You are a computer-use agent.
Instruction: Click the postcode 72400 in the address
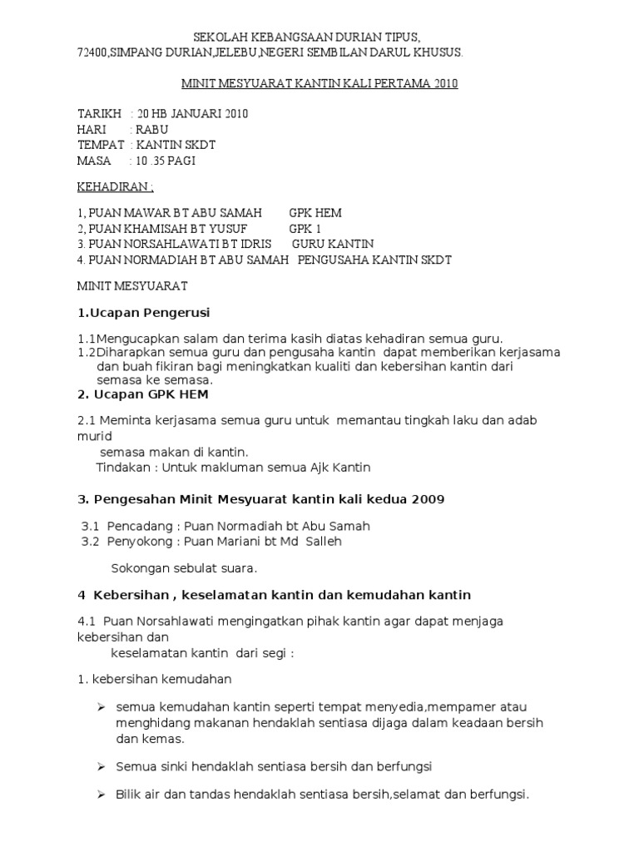click(92, 52)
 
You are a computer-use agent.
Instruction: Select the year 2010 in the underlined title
click(444, 84)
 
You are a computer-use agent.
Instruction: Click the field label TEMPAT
click(100, 145)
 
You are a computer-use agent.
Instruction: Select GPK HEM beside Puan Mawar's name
click(315, 213)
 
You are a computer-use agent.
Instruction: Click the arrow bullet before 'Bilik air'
click(101, 795)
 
